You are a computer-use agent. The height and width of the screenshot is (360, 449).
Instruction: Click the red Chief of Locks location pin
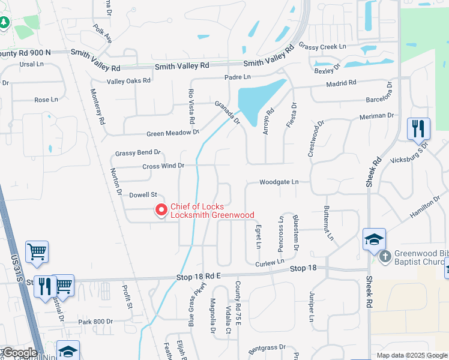click(161, 210)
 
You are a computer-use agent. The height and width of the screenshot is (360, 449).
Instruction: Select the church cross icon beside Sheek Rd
click(385, 257)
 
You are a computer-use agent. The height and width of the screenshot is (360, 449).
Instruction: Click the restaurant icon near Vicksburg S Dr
click(418, 128)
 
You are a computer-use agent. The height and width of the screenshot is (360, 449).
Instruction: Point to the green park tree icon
click(4, 22)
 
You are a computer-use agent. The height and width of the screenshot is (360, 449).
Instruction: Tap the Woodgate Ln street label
click(279, 182)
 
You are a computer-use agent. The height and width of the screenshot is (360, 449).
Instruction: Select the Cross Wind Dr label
click(163, 166)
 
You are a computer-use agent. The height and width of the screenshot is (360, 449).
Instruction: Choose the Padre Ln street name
click(238, 77)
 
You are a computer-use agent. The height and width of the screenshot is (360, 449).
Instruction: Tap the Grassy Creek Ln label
click(323, 46)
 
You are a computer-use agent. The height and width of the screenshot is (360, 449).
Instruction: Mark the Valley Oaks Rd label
click(128, 81)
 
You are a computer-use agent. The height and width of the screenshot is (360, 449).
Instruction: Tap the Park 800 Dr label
click(95, 322)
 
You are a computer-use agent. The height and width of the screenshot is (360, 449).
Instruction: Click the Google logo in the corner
click(19, 353)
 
